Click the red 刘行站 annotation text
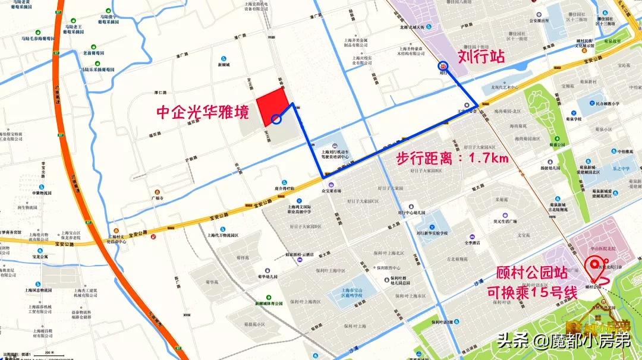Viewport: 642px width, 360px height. coord(481,57)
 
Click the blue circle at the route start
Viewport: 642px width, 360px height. coord(276,119)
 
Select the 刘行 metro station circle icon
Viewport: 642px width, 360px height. coord(443,67)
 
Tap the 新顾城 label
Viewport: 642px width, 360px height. coord(224,64)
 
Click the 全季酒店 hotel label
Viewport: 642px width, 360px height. coord(472,242)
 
